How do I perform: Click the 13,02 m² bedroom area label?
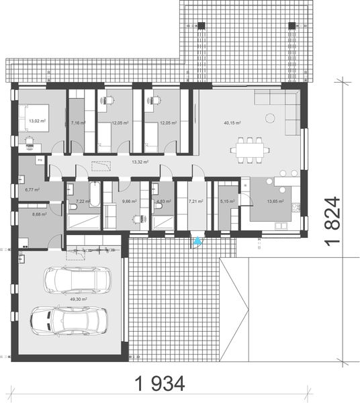[36, 122]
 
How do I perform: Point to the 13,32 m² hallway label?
[139, 162]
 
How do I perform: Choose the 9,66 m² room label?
[130, 200]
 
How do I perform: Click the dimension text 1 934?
[160, 384]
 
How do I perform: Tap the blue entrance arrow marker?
[197, 240]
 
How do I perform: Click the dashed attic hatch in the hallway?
[101, 166]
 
